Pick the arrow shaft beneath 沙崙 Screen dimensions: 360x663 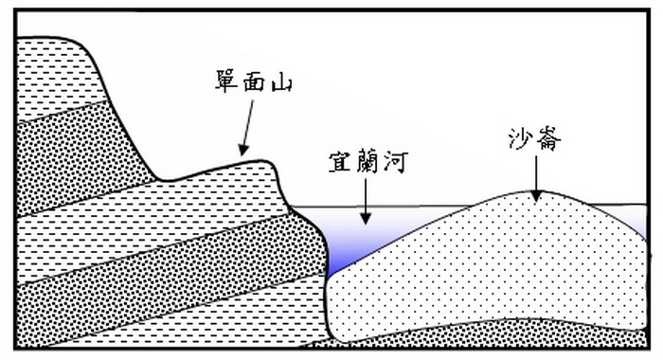[535, 175]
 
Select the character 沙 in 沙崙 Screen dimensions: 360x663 [520, 142]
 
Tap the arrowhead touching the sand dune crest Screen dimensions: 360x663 [535, 196]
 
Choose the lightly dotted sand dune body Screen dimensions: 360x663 [493, 275]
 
